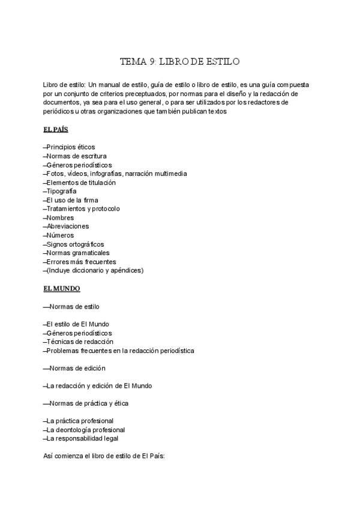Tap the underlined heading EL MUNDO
[62, 289]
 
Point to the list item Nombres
[59, 217]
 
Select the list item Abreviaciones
[66, 226]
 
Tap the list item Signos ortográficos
[74, 244]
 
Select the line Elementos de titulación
[80, 182]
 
